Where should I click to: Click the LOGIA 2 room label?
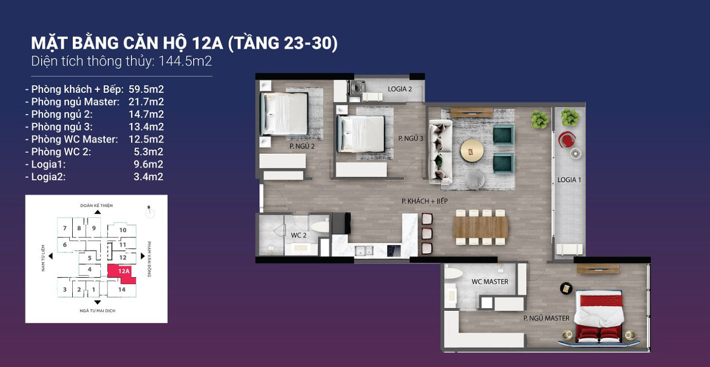pyautogui.click(x=400, y=89)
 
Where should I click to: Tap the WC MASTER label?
pyautogui.click(x=490, y=282)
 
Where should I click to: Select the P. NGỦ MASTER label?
pyautogui.click(x=546, y=318)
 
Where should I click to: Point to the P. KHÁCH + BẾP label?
pyautogui.click(x=424, y=201)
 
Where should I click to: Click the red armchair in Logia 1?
pyautogui.click(x=567, y=140)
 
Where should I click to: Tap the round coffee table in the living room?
pyautogui.click(x=472, y=150)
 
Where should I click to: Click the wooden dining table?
pyautogui.click(x=480, y=227)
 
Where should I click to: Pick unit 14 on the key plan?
pyautogui.click(x=122, y=289)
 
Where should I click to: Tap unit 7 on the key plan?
pyautogui.click(x=65, y=228)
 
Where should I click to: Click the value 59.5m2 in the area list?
pyautogui.click(x=146, y=89)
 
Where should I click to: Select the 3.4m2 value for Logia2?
pyautogui.click(x=149, y=176)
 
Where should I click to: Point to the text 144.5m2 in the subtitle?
pyautogui.click(x=185, y=61)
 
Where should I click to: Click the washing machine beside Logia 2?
pyautogui.click(x=357, y=88)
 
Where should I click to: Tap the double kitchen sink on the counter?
pyautogui.click(x=364, y=251)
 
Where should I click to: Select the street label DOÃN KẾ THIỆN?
pyautogui.click(x=96, y=205)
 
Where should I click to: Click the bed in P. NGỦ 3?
pyautogui.click(x=361, y=134)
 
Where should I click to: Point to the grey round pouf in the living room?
pyautogui.click(x=474, y=179)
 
